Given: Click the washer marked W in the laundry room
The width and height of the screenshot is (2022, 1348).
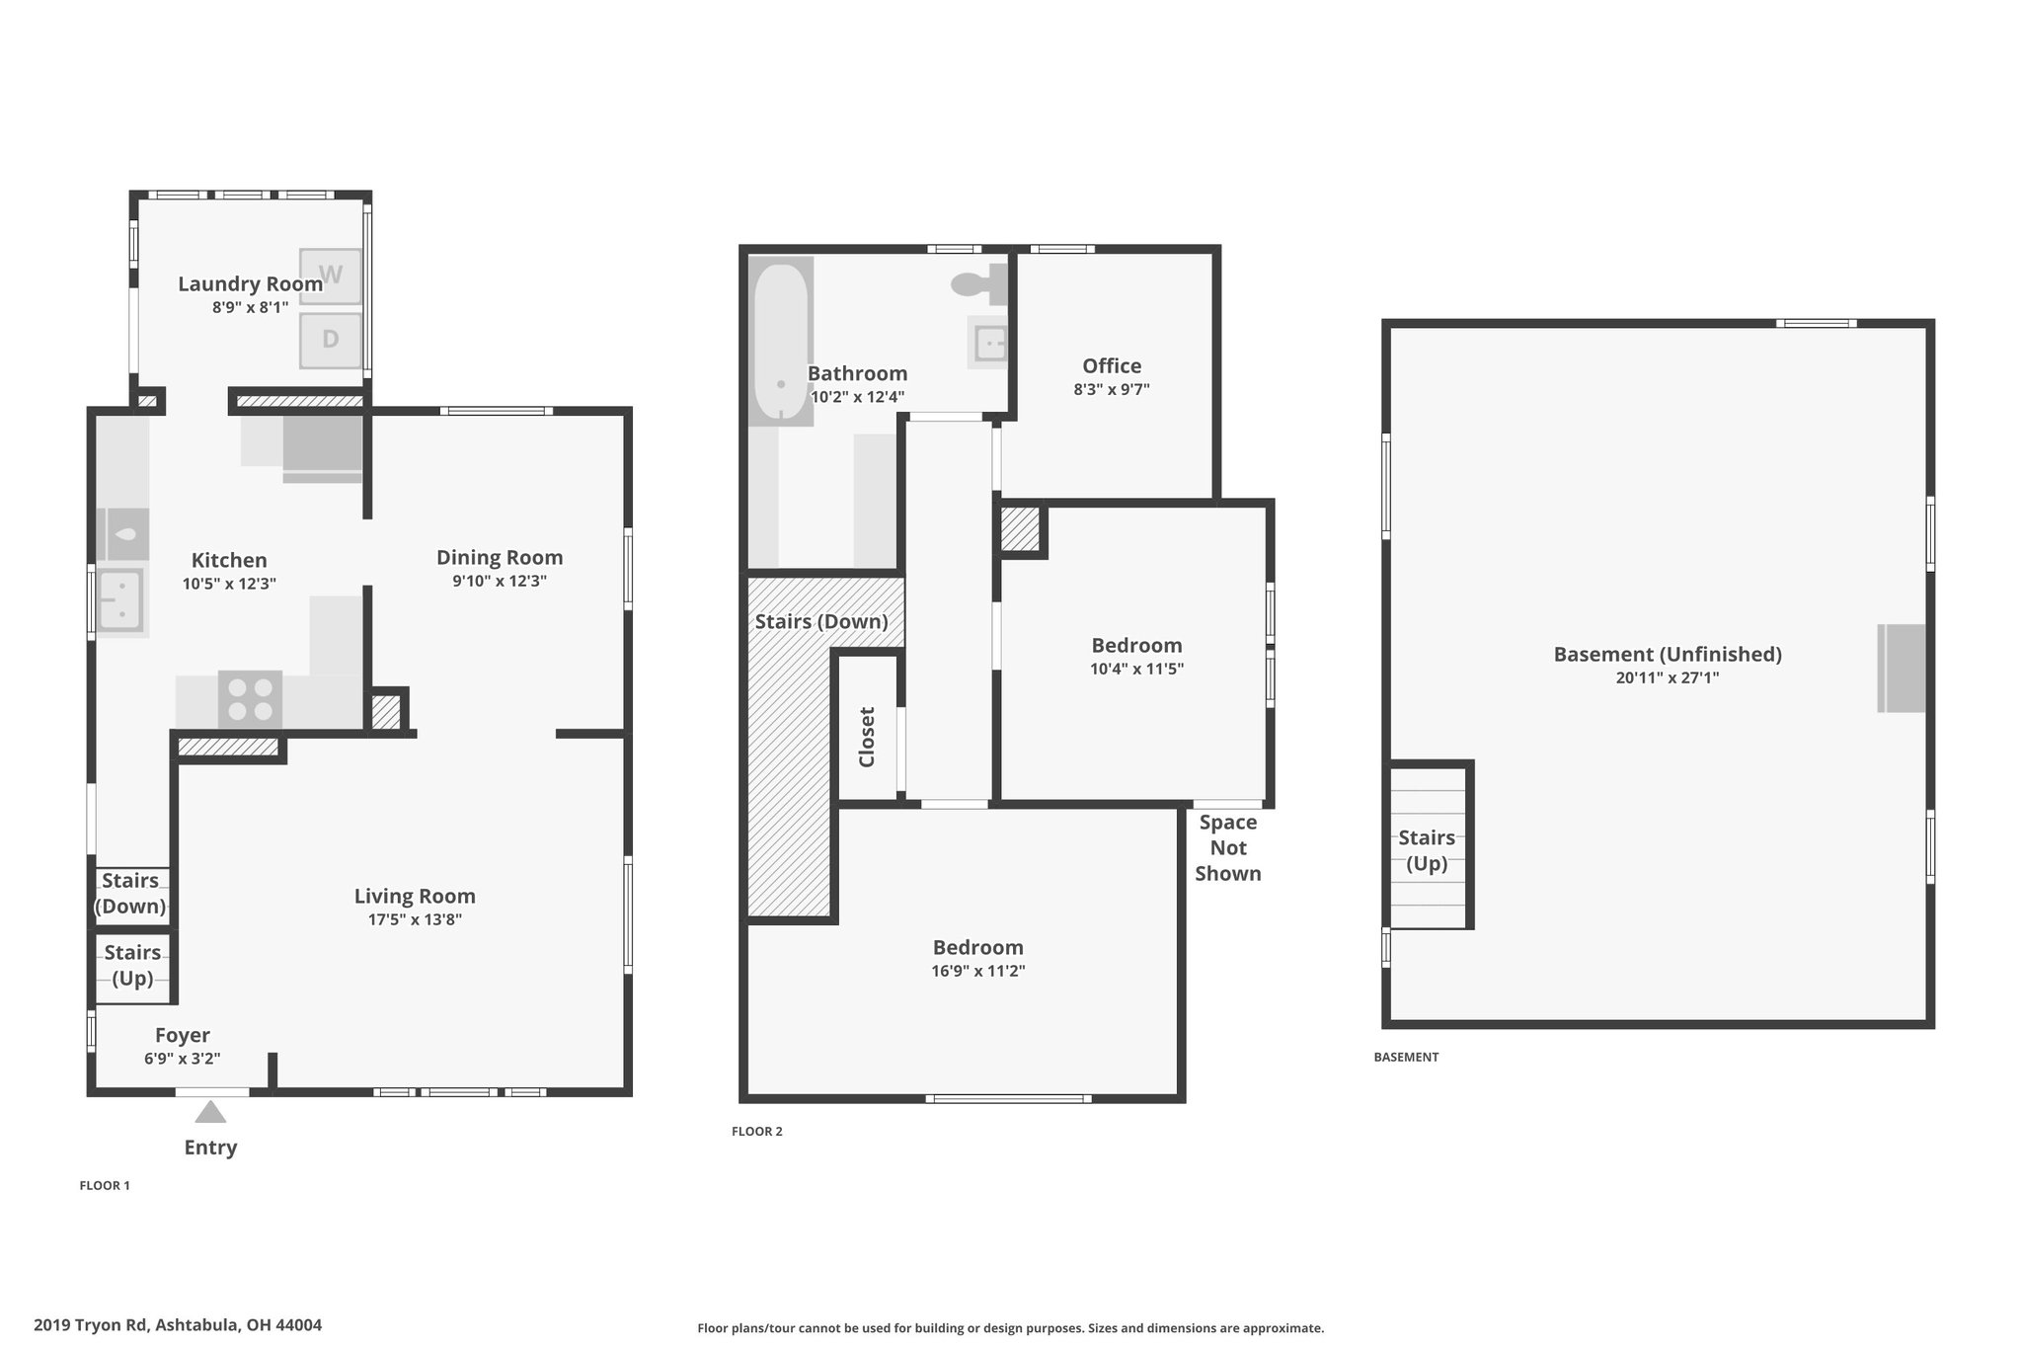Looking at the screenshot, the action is click(x=331, y=277).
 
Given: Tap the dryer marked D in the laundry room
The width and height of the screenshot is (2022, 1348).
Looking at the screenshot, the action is click(x=331, y=340).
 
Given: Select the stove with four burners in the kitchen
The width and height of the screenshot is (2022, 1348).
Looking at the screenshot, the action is click(x=250, y=699).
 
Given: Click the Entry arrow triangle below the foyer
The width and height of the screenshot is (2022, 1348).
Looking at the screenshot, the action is click(x=210, y=1112).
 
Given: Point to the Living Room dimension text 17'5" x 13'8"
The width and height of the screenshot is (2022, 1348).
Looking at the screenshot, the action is click(x=415, y=919).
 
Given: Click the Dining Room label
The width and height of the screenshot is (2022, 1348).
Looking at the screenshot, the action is click(x=500, y=557).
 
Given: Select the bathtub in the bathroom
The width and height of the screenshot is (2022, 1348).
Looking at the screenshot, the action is click(x=781, y=341).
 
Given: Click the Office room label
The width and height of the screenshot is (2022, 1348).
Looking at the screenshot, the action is click(x=1112, y=365).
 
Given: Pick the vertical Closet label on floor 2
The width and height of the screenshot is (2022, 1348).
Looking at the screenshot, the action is click(x=867, y=737).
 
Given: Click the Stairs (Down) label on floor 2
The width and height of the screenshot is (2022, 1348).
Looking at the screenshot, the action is click(x=821, y=621).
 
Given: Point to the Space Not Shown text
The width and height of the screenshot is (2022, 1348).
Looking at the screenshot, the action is click(x=1228, y=847).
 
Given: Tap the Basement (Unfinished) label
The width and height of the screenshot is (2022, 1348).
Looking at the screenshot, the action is click(x=1668, y=654).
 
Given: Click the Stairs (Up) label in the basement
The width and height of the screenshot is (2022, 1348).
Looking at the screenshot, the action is click(x=1427, y=850).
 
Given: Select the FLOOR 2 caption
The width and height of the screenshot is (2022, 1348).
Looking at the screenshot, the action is click(x=757, y=1132).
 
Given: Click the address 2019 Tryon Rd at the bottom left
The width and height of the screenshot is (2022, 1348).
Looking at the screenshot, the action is click(x=91, y=1325).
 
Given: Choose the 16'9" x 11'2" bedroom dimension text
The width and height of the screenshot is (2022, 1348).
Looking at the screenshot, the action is click(x=978, y=971).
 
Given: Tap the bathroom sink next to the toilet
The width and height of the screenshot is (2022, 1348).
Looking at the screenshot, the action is click(x=988, y=344).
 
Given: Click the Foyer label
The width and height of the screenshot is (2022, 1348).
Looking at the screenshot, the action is click(x=183, y=1035).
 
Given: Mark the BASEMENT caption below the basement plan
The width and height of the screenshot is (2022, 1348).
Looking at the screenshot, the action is click(x=1406, y=1057).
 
